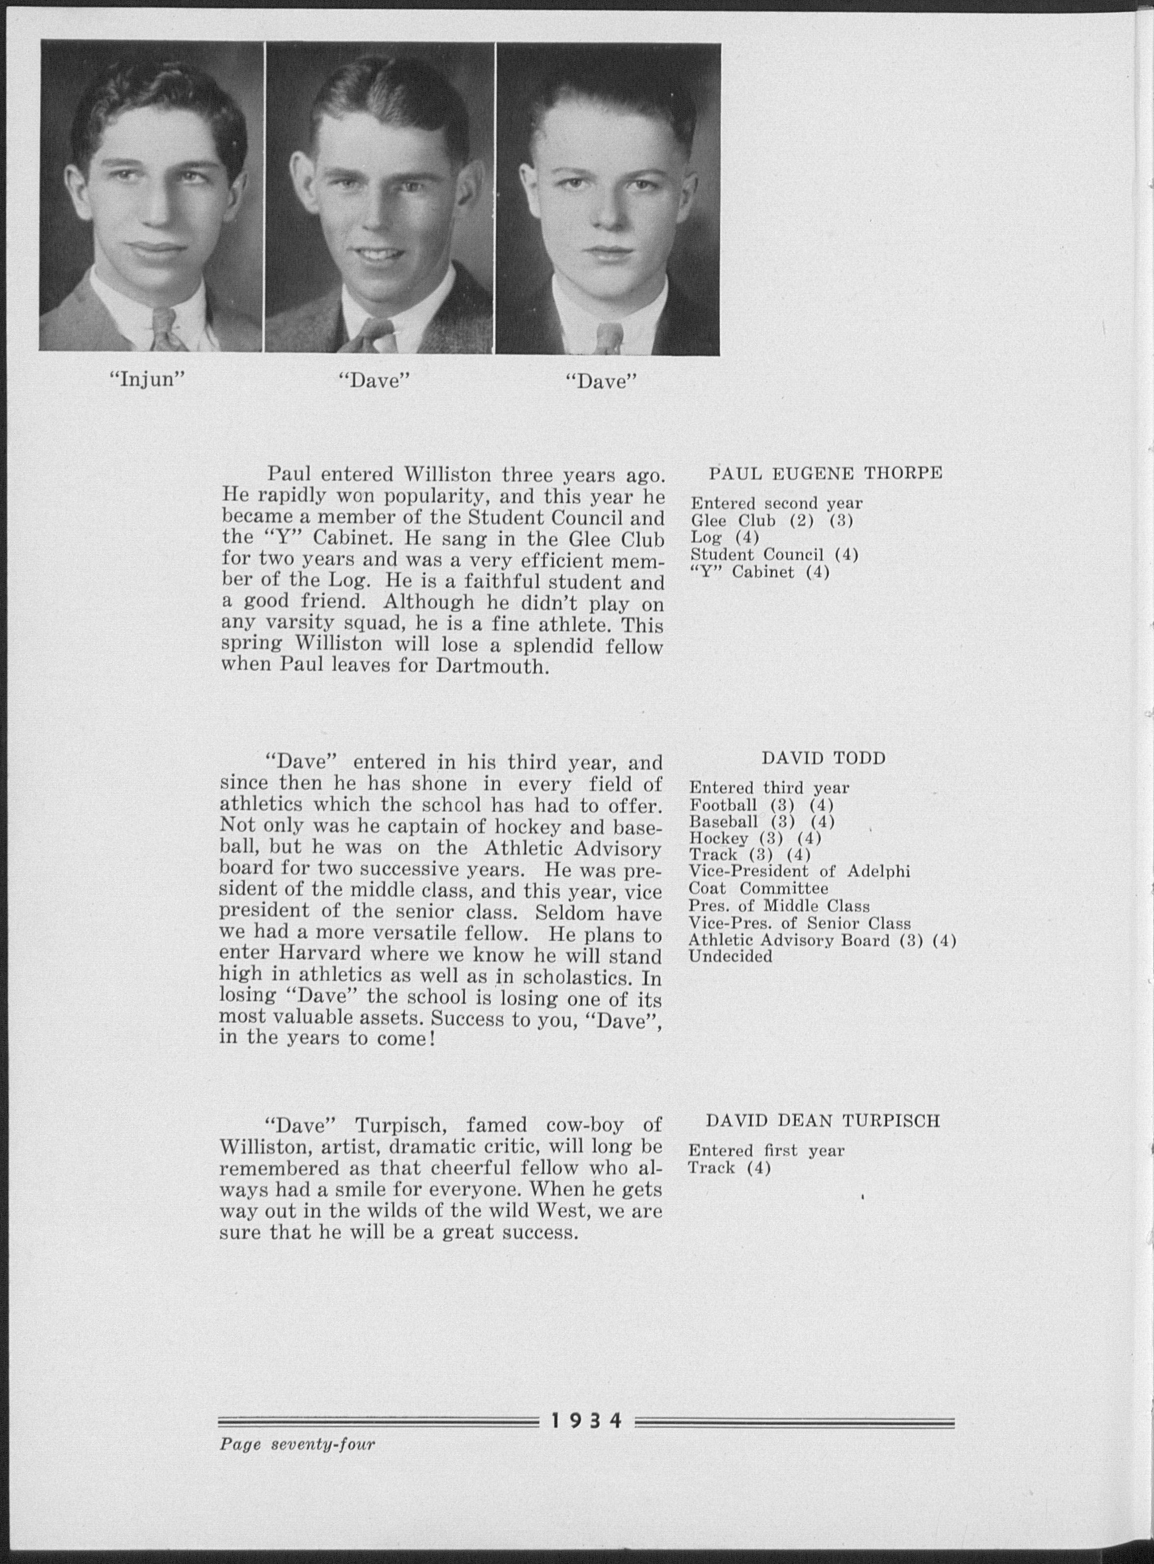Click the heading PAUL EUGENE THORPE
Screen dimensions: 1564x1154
(826, 474)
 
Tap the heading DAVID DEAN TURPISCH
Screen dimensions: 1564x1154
(823, 1121)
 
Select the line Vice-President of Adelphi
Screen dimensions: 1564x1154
(799, 872)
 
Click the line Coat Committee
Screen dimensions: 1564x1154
(759, 889)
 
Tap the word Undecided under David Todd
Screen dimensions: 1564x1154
(731, 956)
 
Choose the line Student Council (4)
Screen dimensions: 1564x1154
(774, 555)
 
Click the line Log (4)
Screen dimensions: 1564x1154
(724, 537)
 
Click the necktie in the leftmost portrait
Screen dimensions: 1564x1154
(165, 329)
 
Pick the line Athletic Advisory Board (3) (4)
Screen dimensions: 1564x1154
(821, 940)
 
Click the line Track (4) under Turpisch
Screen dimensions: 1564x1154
(729, 1168)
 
